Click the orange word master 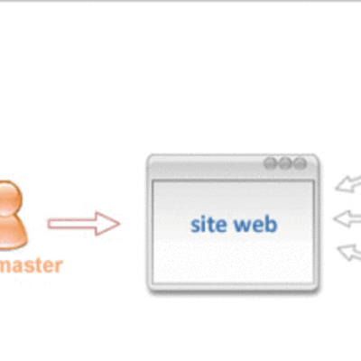click(x=31, y=265)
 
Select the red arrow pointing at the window click(x=83, y=223)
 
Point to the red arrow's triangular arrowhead click(x=107, y=223)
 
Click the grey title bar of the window click(x=208, y=165)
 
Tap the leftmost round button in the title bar click(x=270, y=164)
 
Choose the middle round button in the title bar click(x=285, y=164)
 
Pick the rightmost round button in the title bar click(x=301, y=164)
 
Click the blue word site click(x=207, y=224)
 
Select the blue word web click(x=256, y=224)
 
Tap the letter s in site click(x=194, y=225)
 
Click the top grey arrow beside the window click(x=347, y=185)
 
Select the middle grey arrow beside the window click(x=347, y=218)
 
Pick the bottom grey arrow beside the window click(x=347, y=251)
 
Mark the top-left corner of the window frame click(x=150, y=157)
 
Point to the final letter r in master click(x=59, y=266)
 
